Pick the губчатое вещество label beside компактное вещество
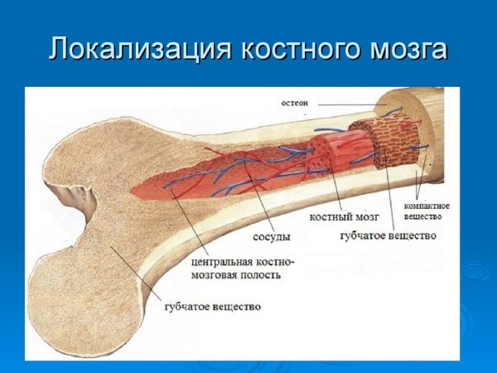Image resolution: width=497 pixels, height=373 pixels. click(x=388, y=235)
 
